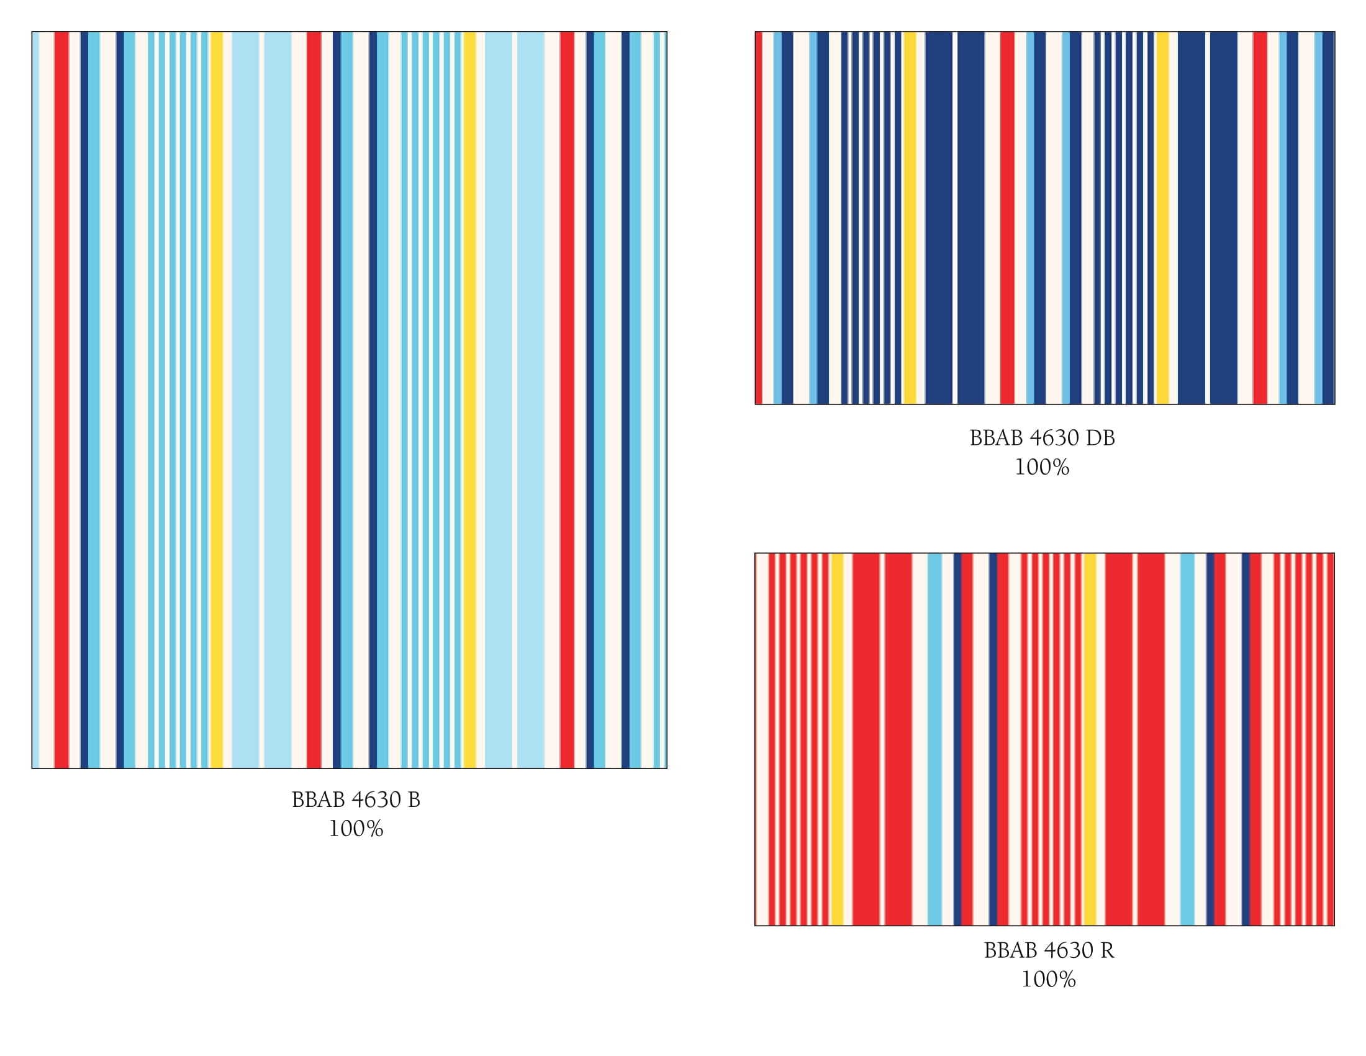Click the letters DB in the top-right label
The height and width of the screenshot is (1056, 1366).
pyautogui.click(x=1100, y=438)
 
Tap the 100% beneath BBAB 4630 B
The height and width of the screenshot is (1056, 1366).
pyautogui.click(x=356, y=829)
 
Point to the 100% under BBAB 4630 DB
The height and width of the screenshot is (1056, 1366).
pyautogui.click(x=1042, y=467)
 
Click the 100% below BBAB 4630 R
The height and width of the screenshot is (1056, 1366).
pyautogui.click(x=1048, y=979)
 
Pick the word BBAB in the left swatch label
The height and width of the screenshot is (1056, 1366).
pyautogui.click(x=319, y=799)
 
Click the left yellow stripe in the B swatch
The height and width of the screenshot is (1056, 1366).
pyautogui.click(x=217, y=401)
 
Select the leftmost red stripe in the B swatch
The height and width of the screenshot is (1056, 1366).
pyautogui.click(x=61, y=401)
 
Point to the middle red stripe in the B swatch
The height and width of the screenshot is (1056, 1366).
pyautogui.click(x=314, y=401)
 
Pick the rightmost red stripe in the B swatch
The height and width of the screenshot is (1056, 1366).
pyautogui.click(x=568, y=401)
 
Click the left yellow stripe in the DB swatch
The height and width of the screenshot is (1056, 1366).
pyautogui.click(x=910, y=217)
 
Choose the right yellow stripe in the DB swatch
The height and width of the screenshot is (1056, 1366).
pyautogui.click(x=1162, y=217)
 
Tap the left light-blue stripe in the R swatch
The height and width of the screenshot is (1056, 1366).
pyautogui.click(x=934, y=739)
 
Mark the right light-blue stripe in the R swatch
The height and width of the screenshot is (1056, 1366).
pyautogui.click(x=1187, y=739)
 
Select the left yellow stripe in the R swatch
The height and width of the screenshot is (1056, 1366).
pyautogui.click(x=837, y=739)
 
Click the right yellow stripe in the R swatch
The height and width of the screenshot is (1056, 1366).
pyautogui.click(x=1090, y=739)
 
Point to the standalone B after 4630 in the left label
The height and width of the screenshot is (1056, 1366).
pyautogui.click(x=414, y=799)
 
